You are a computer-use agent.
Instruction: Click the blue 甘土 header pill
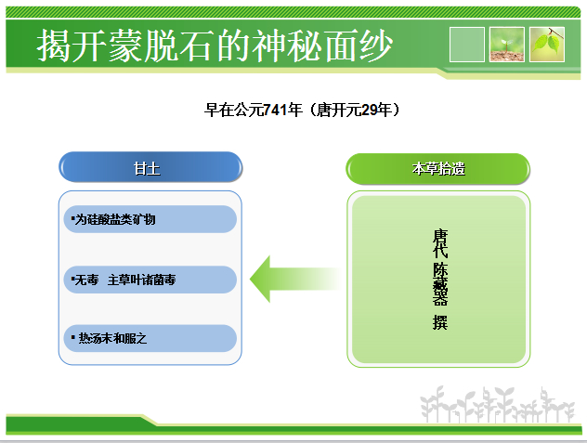[150, 167]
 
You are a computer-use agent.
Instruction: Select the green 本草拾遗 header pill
[437, 168]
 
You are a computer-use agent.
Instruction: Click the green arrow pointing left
[295, 279]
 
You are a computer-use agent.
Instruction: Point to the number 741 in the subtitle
[275, 111]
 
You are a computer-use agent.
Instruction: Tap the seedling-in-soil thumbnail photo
[507, 45]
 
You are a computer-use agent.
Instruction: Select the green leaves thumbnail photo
[547, 45]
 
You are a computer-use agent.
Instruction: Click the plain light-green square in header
[467, 45]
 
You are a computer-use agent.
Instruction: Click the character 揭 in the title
[53, 46]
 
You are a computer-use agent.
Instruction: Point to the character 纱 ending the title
[375, 46]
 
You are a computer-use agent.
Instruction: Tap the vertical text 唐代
[440, 243]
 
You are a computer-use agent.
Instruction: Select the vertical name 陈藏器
[440, 284]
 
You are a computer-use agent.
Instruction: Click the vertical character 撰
[440, 322]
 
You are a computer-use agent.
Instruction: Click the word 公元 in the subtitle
[249, 111]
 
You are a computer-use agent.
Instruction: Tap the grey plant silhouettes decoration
[497, 404]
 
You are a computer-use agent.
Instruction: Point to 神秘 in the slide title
[287, 46]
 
